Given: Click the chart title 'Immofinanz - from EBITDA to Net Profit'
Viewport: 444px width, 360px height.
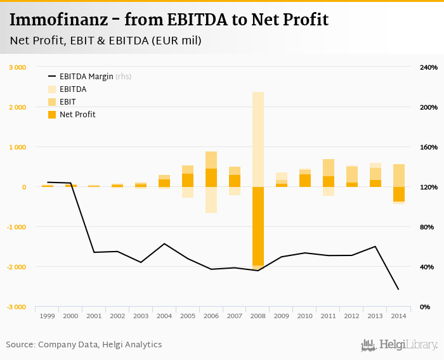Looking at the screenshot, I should [169, 20].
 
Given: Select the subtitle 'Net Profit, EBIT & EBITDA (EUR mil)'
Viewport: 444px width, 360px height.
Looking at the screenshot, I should [105, 41].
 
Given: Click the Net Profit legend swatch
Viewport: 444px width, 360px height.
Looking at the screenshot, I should [52, 115].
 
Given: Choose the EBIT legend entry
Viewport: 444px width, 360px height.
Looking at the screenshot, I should [67, 101].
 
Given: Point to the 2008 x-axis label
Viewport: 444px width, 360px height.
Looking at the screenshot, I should [258, 315].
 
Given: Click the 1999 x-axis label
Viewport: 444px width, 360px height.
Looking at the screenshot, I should [47, 315].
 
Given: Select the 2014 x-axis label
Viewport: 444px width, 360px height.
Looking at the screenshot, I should [398, 315].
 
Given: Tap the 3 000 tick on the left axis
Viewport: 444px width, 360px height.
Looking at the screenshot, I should [17, 67].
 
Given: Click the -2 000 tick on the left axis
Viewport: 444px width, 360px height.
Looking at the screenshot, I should [16, 267].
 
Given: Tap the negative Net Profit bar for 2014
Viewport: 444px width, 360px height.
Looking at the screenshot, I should [398, 194].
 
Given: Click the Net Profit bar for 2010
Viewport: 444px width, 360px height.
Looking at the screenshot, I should [304, 181].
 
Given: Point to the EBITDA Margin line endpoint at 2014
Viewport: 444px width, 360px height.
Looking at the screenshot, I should [398, 290].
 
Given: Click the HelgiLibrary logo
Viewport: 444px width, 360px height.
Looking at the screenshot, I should [400, 345].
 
